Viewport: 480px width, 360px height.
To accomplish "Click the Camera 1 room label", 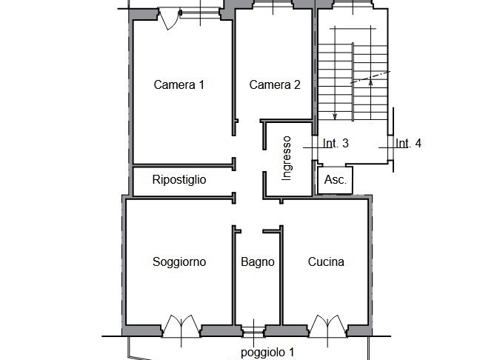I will click(x=179, y=84).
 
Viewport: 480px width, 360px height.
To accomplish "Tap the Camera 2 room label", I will click(x=275, y=84).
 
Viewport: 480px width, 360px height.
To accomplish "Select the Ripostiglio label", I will click(x=179, y=179).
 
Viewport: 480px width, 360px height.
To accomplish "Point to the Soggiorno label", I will click(x=179, y=261).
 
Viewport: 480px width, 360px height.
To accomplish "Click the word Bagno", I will click(x=258, y=261).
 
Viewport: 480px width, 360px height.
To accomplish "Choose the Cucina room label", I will click(x=326, y=261).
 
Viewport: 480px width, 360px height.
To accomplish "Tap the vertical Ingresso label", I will click(x=287, y=159).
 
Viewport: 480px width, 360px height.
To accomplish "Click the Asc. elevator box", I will click(x=335, y=180).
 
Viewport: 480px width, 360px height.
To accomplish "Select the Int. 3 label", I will click(x=336, y=144).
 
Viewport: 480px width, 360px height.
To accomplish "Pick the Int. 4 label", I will click(x=408, y=144).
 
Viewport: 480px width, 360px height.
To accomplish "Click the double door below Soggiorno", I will click(x=180, y=327).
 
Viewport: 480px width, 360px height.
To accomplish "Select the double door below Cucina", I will click(x=326, y=327).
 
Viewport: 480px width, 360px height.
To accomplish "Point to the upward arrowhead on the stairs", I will click(x=370, y=81).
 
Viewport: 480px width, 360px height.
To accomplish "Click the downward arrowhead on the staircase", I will click(x=335, y=115).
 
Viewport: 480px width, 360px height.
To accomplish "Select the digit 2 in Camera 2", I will click(x=297, y=84).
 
